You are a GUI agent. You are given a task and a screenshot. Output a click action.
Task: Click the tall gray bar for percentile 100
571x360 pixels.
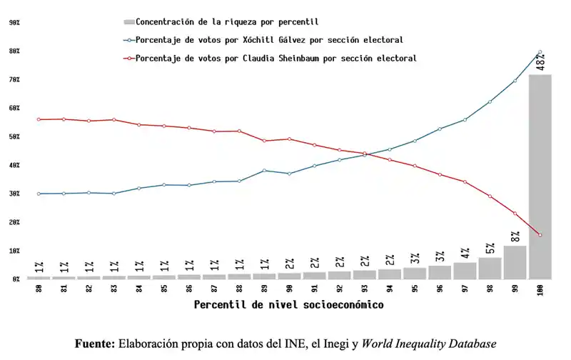540,179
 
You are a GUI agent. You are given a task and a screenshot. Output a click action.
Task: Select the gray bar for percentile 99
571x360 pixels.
515,262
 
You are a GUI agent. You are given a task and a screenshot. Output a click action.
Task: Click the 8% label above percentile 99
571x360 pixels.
515,236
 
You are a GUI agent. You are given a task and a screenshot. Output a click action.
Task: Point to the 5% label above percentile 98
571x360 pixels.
490,249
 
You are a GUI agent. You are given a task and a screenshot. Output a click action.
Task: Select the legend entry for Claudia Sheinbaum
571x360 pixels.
276,58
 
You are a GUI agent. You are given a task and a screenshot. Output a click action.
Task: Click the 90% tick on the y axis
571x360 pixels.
14,23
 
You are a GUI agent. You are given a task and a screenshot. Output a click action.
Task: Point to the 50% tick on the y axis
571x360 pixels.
14,136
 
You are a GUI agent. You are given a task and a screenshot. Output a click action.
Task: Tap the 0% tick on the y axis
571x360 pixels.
15,279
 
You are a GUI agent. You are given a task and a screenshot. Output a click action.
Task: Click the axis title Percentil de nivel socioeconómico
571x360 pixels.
289,305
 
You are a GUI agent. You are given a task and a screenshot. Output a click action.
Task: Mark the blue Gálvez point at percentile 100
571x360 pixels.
540,52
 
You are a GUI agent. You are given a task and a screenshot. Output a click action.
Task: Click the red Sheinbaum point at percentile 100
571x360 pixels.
540,235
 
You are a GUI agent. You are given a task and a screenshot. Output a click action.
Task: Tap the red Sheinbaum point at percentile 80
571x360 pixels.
39,119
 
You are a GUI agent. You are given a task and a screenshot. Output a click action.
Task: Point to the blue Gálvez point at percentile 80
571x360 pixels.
39,194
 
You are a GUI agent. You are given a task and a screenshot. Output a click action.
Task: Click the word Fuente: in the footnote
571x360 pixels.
94,344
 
